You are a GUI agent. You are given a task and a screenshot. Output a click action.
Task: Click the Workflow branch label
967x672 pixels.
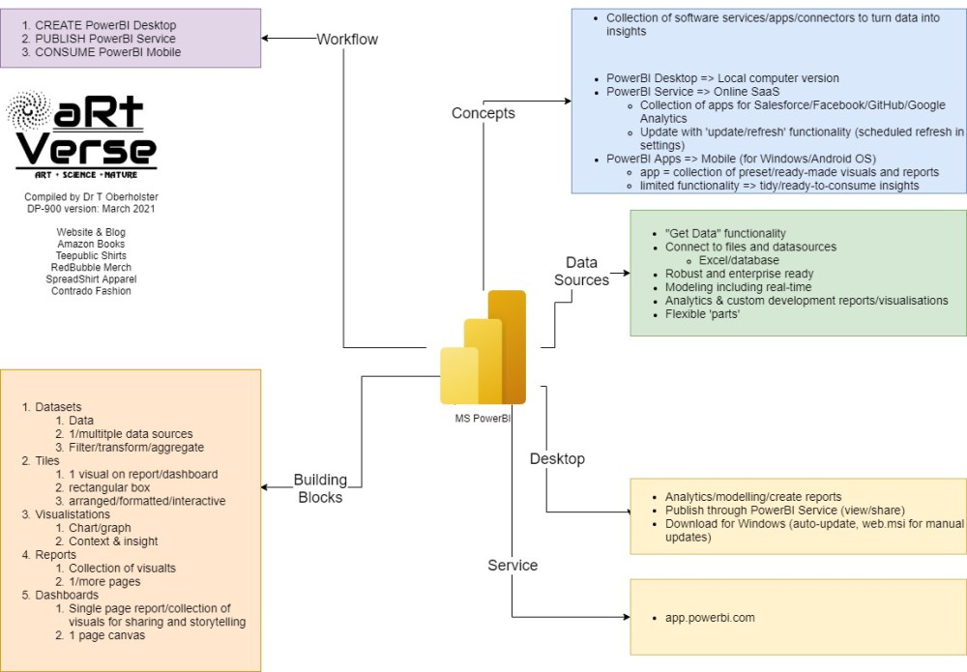pos(347,39)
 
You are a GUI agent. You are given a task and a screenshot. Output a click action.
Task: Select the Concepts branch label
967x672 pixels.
pos(483,113)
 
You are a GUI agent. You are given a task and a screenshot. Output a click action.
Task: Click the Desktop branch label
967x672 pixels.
pos(557,458)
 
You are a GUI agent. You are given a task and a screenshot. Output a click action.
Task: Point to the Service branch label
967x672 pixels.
pos(513,565)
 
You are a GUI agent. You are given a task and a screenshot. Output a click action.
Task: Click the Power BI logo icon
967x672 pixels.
pos(483,348)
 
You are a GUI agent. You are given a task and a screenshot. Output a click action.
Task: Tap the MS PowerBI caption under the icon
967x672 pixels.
pos(483,419)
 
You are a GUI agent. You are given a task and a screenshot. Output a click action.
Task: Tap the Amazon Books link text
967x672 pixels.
pos(91,244)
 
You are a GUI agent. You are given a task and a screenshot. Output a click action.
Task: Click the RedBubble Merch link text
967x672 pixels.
pos(91,267)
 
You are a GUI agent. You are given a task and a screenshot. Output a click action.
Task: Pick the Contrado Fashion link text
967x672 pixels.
pos(91,290)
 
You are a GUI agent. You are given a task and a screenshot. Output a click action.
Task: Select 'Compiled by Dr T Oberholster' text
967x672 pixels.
pos(91,197)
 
